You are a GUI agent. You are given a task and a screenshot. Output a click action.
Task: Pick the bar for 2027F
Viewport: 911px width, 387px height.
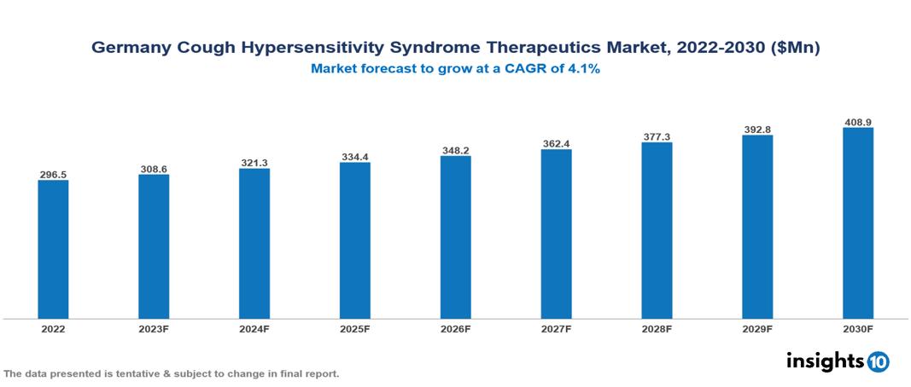click(556, 234)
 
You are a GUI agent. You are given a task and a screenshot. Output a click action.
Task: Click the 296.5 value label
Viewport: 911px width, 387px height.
click(53, 174)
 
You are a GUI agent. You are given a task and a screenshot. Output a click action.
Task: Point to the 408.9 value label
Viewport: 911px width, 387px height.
click(857, 122)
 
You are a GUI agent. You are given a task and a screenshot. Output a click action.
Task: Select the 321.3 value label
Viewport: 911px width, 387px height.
click(254, 162)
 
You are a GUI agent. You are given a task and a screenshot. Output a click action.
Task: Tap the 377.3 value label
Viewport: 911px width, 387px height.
click(657, 136)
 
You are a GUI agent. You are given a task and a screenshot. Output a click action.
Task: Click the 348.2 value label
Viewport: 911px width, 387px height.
click(455, 150)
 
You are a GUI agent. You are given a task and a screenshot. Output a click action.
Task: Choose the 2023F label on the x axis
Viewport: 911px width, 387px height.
click(154, 328)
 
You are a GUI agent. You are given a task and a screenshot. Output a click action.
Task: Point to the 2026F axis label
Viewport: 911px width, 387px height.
click(455, 328)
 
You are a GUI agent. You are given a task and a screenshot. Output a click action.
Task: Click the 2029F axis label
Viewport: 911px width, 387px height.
click(756, 328)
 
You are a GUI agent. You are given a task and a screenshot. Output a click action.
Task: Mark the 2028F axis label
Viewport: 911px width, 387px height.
click(657, 328)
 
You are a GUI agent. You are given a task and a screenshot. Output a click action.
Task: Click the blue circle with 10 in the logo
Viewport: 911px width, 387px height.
click(878, 361)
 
